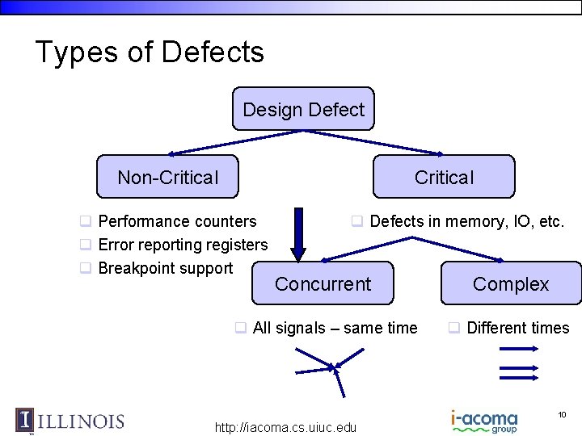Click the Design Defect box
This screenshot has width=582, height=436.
303,109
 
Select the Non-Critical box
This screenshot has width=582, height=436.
167,177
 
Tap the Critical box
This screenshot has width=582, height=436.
444,177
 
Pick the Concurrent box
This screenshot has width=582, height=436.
323,283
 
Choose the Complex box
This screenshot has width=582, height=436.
511,283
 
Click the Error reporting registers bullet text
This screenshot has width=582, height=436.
183,245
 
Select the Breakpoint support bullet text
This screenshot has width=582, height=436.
165,268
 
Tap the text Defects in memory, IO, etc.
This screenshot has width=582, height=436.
466,221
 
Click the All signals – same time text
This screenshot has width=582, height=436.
335,328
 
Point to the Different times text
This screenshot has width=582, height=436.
518,328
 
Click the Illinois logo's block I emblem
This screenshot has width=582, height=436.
25,420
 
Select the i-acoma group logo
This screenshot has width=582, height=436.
484,421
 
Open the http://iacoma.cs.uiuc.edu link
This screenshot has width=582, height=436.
285,427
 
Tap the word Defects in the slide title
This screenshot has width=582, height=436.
213,52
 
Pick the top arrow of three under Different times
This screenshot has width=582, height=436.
519,348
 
